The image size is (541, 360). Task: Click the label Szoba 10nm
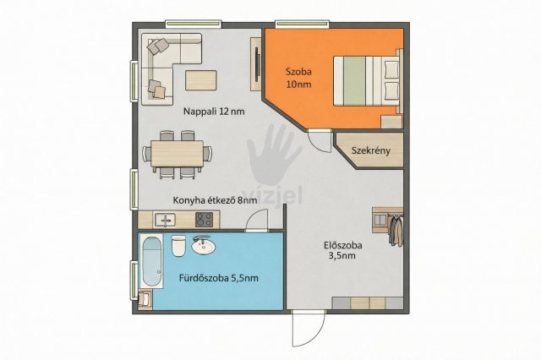click(298, 78)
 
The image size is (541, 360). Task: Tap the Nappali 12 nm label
click(214, 112)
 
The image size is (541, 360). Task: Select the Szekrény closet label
click(371, 150)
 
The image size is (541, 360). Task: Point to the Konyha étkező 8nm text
click(215, 200)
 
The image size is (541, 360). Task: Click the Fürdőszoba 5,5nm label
click(219, 278)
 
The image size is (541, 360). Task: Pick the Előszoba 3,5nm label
click(343, 251)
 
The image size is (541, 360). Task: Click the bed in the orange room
click(367, 80)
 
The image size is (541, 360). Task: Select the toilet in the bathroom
click(178, 246)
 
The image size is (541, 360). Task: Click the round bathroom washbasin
click(203, 246)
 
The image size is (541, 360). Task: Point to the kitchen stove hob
click(205, 220)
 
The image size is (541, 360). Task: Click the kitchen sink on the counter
click(165, 220)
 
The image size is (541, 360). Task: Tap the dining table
click(178, 154)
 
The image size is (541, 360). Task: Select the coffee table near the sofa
click(201, 80)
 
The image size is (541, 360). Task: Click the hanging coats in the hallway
click(396, 230)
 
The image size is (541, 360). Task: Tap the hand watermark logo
click(274, 155)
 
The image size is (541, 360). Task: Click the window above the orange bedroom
click(303, 24)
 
